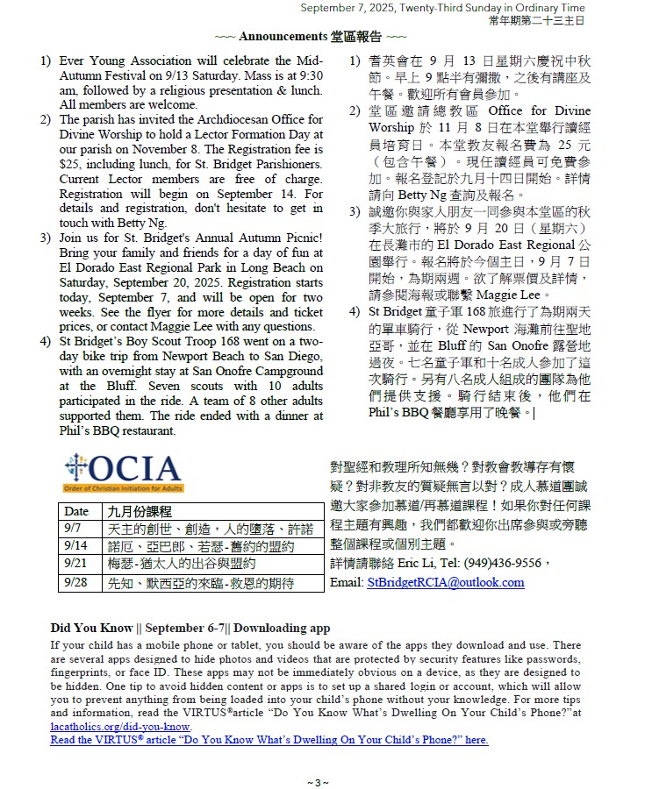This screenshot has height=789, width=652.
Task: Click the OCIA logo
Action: pyautogui.click(x=123, y=473)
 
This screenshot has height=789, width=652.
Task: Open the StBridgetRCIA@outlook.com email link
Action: pyautogui.click(x=446, y=582)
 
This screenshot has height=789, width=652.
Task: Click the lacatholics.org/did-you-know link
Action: pyautogui.click(x=120, y=727)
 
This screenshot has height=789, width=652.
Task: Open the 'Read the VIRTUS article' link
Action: pyautogui.click(x=269, y=740)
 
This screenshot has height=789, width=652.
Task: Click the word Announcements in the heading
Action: pyautogui.click(x=283, y=37)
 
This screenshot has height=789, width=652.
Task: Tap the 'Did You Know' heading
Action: pyautogui.click(x=88, y=628)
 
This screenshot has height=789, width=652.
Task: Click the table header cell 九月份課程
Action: pyautogui.click(x=140, y=511)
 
